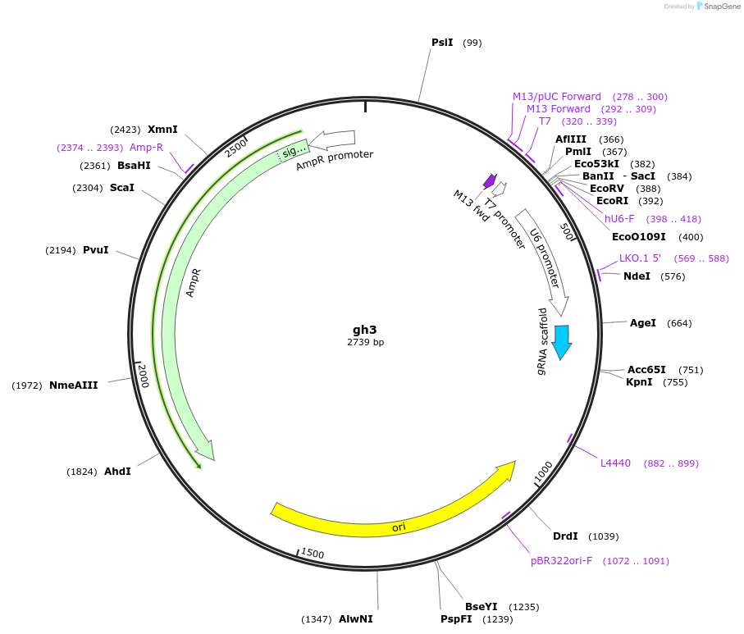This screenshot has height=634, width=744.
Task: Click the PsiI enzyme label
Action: click(x=442, y=43)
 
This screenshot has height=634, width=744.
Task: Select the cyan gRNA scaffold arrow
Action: click(x=562, y=341)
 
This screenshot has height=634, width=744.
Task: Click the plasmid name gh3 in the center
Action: click(x=365, y=329)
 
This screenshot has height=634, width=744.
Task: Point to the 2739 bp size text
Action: click(x=365, y=342)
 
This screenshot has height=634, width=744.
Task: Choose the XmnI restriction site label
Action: click(x=162, y=129)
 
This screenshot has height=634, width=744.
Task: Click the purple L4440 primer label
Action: click(x=615, y=463)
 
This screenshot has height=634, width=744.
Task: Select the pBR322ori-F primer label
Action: click(x=561, y=561)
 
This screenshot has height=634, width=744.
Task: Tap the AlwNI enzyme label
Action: click(x=356, y=619)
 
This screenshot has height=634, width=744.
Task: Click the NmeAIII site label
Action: click(x=74, y=385)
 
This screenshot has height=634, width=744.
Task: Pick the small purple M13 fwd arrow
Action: click(x=491, y=180)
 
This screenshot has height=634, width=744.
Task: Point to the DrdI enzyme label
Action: click(x=565, y=536)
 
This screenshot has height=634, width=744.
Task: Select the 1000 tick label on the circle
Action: click(x=544, y=469)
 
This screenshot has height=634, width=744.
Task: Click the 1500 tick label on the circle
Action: click(x=313, y=554)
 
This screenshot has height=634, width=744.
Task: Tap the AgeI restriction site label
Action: click(x=643, y=323)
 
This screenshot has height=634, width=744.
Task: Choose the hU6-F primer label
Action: click(x=619, y=219)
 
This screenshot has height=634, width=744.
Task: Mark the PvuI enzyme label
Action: click(x=96, y=249)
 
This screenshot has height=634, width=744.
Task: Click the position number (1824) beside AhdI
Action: click(x=82, y=472)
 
